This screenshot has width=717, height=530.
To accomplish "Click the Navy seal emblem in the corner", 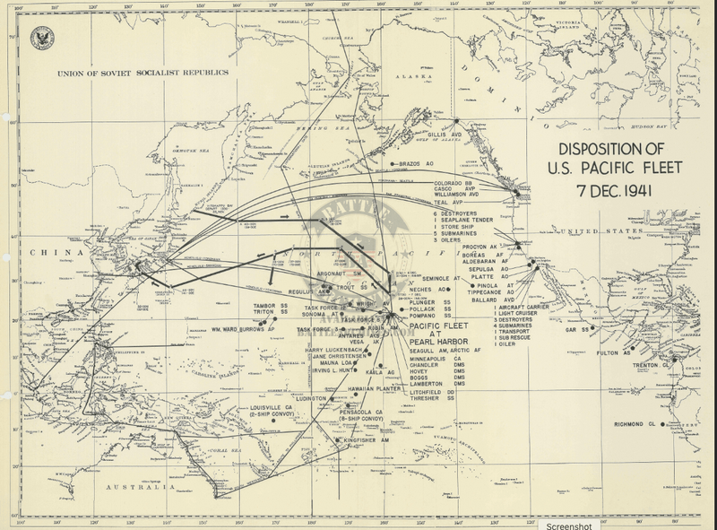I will coord(41,37).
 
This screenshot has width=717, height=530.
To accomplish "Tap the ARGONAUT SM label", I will coord(339,271).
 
